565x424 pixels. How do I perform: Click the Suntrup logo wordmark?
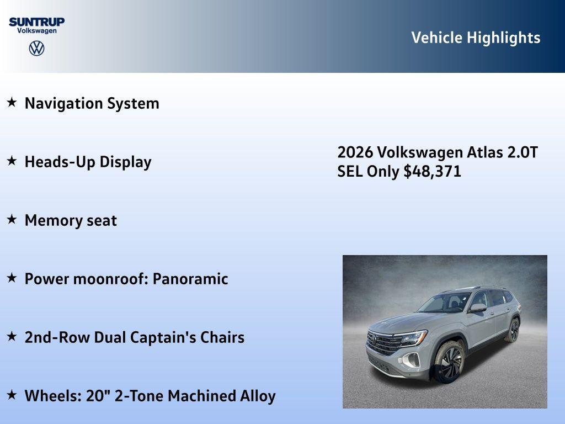[36, 22]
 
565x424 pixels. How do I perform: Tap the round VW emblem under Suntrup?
[36, 48]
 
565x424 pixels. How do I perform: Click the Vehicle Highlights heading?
[476, 38]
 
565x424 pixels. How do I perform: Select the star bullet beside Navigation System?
[12, 103]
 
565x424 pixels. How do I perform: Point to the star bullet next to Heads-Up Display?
[12, 161]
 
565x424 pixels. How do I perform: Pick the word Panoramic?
[190, 279]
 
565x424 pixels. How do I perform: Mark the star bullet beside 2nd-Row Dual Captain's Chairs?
[12, 337]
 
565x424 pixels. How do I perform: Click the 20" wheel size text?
[98, 396]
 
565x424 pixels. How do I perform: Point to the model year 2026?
[355, 152]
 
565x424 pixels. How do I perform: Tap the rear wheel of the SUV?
[513, 330]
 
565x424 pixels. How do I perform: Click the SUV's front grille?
[384, 343]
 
